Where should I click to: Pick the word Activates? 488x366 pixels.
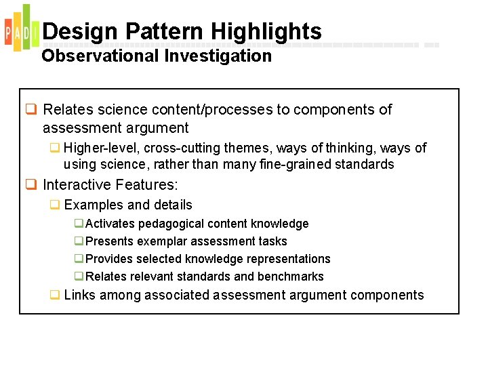coord(111,224)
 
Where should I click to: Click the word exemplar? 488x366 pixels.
coord(160,241)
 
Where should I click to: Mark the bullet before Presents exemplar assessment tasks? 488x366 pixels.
coord(79,241)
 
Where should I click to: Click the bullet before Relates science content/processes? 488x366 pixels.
coord(30,110)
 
